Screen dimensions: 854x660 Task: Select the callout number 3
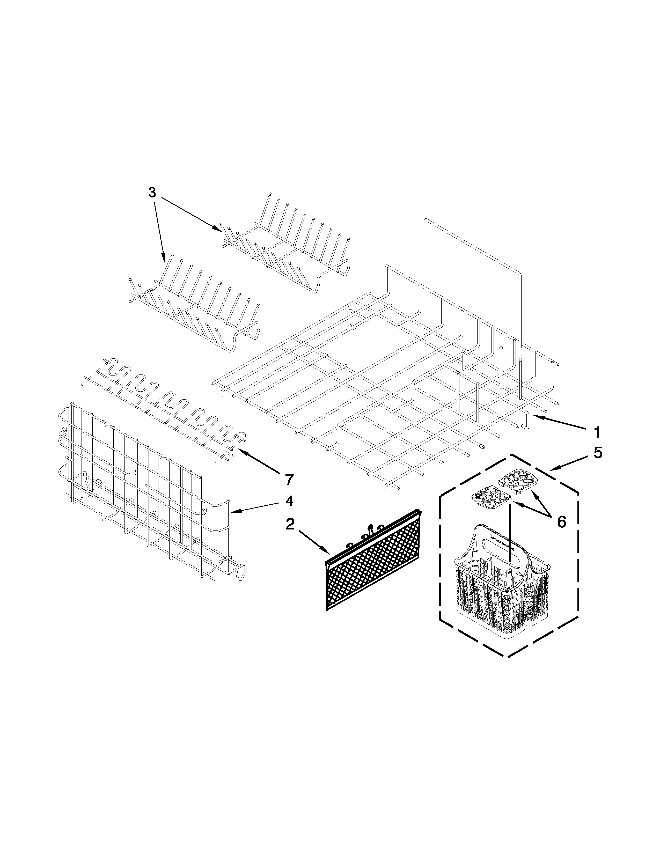152,193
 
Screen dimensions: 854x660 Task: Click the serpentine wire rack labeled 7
164,407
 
